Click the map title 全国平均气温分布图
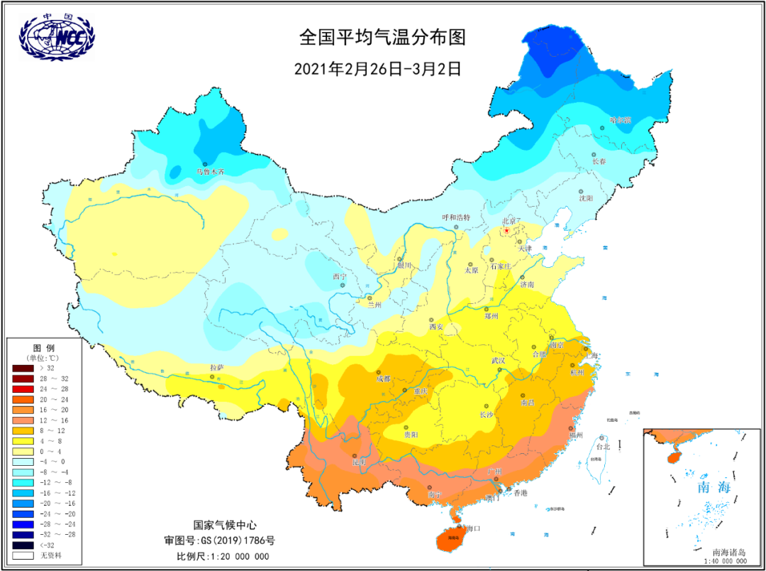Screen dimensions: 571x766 point(383,37)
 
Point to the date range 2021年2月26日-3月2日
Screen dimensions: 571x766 point(377,69)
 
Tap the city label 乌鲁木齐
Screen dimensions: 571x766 point(211,172)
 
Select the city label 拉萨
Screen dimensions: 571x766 point(216,367)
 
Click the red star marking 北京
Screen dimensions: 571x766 point(506,231)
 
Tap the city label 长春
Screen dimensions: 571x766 point(599,161)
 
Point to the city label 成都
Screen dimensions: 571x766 point(384,379)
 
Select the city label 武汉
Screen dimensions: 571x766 point(499,361)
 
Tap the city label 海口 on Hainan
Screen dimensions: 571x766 point(473,528)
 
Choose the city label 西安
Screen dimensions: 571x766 point(436,327)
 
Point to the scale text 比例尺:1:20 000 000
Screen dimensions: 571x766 point(223,556)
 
